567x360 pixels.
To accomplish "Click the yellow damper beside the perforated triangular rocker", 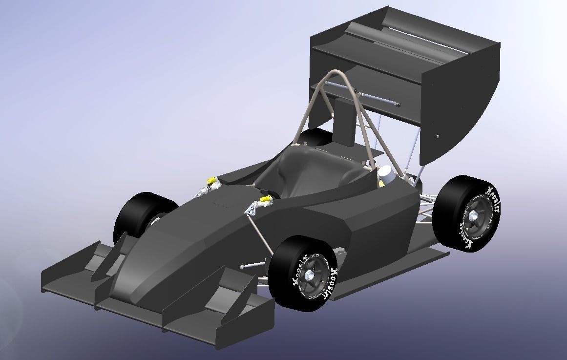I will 266,199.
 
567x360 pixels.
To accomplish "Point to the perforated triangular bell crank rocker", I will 252,209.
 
